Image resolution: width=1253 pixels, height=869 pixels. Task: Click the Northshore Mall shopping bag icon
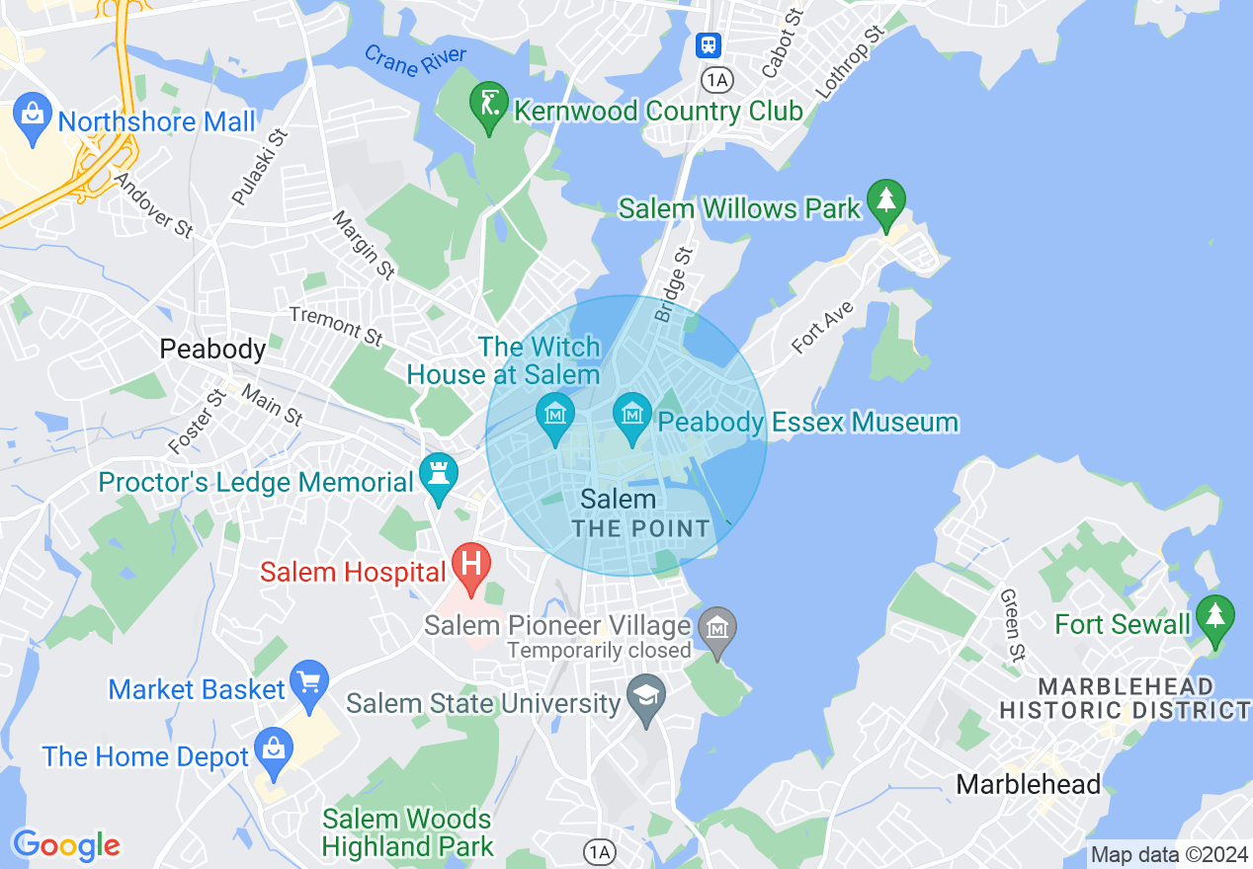point(33,112)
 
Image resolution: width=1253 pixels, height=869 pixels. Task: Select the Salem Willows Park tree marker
point(885,198)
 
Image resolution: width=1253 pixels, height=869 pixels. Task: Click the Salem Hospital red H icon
point(471,565)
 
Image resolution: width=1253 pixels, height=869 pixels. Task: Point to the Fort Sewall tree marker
point(1214,616)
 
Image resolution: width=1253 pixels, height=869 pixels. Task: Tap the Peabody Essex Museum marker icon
point(631,414)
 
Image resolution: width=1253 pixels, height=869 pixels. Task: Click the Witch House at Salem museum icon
point(554,414)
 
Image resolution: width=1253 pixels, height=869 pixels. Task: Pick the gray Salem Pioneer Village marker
point(717,627)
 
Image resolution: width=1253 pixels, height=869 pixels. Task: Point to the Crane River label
point(415,66)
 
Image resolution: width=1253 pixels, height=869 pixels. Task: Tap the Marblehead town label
point(1028,784)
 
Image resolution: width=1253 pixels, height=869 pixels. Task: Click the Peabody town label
point(212,349)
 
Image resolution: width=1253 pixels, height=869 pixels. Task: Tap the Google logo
point(66,845)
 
